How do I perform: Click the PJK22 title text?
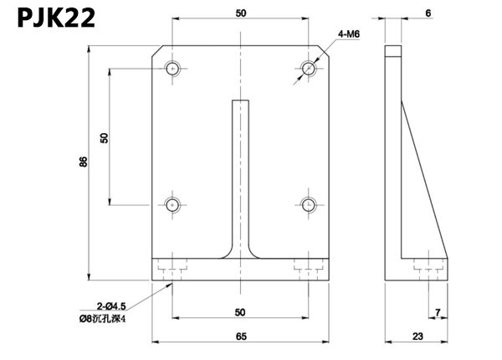[x=56, y=18]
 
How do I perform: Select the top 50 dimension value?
[x=241, y=13]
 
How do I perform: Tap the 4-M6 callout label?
[x=349, y=34]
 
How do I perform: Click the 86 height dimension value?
[x=83, y=162]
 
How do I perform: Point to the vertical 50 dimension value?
[x=105, y=138]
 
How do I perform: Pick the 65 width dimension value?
[x=241, y=337]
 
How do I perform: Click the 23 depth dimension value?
[x=417, y=337]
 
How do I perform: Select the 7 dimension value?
[x=438, y=312]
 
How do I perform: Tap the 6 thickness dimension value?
[x=428, y=13]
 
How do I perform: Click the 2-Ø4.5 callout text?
[x=111, y=306]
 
